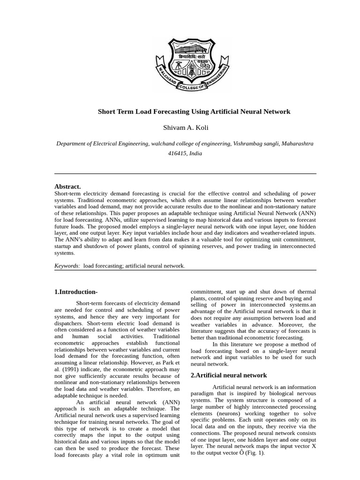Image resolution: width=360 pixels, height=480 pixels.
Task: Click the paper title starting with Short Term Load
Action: (194, 112)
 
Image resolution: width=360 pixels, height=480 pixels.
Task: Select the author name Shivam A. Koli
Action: (186, 127)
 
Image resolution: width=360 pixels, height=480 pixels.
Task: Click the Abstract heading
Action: (67, 186)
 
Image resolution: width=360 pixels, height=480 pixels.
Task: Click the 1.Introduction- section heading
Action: (76, 292)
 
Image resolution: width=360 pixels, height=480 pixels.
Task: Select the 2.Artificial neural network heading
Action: (229, 375)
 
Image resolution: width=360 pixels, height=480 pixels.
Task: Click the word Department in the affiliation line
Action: (71, 143)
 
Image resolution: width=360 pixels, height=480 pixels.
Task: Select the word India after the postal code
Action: (196, 153)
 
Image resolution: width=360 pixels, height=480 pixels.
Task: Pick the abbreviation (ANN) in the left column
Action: (171, 402)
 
